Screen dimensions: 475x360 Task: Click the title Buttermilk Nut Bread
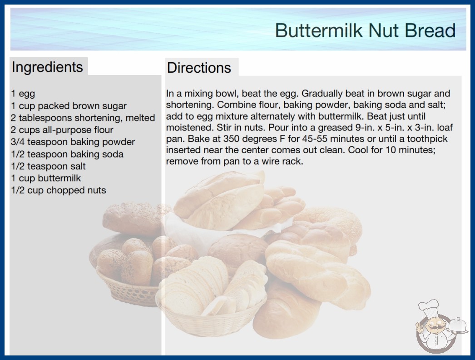[366, 30]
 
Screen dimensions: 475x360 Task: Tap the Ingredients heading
[47, 67]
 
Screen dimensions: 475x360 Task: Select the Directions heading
[199, 68]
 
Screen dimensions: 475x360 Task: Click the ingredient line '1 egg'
[23, 94]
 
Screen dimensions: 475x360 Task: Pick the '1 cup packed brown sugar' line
[69, 106]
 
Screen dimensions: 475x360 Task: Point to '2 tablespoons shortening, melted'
[83, 118]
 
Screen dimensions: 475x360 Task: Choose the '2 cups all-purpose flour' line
[62, 130]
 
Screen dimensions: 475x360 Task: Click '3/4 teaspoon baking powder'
[73, 142]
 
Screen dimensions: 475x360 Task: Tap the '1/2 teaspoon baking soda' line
[67, 154]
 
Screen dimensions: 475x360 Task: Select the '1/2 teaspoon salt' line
[49, 166]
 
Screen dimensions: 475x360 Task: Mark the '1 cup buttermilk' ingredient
[46, 178]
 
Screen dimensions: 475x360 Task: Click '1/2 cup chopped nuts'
[59, 190]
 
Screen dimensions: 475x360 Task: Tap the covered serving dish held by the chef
[457, 325]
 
